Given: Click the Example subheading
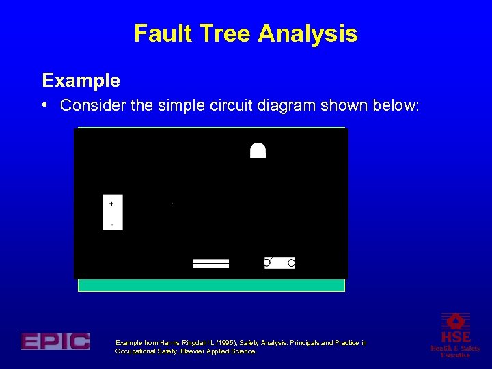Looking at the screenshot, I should (81, 81).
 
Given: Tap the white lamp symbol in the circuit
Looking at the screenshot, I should (258, 150).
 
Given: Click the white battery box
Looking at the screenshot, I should (113, 213).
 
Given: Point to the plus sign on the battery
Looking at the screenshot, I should (111, 203).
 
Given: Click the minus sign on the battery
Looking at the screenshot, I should (112, 224).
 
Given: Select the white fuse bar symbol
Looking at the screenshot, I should (211, 263).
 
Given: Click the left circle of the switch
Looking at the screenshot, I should (267, 262).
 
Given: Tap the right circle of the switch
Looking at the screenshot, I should (291, 262).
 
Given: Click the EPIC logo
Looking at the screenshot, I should (55, 341).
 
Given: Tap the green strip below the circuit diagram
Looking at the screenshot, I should (211, 285).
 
